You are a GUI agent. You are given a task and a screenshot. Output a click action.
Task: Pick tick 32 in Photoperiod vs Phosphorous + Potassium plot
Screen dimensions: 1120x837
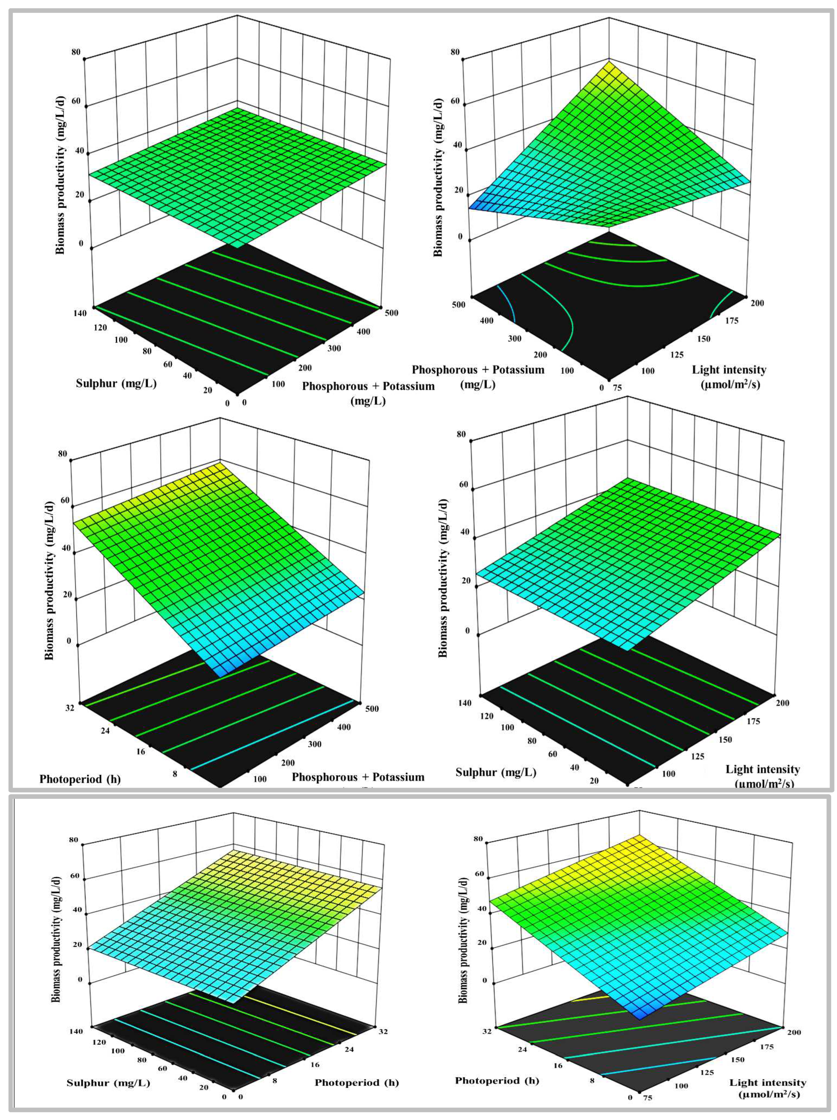coord(69,708)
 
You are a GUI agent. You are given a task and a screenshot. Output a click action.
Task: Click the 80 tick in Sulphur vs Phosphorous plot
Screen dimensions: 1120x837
coord(147,350)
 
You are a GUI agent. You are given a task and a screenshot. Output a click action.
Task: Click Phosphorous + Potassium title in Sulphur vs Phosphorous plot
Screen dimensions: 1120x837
coord(368,393)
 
